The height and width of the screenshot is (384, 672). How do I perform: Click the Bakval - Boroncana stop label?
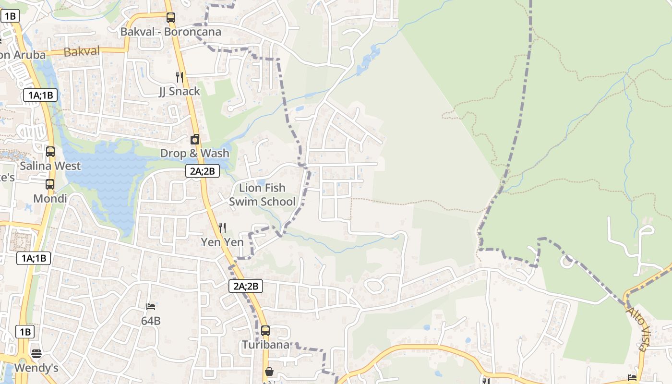pyautogui.click(x=171, y=32)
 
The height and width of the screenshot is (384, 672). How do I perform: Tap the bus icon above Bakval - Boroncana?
pyautogui.click(x=171, y=18)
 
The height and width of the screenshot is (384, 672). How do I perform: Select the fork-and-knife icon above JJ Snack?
pyautogui.click(x=180, y=77)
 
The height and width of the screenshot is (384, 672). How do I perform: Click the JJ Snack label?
pyautogui.click(x=180, y=91)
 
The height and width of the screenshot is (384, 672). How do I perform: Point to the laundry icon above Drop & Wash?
pyautogui.click(x=195, y=140)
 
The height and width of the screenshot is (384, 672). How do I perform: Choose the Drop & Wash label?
pyautogui.click(x=195, y=154)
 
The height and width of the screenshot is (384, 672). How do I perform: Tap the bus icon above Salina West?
pyautogui.click(x=50, y=152)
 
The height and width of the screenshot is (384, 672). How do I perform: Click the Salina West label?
pyautogui.click(x=50, y=166)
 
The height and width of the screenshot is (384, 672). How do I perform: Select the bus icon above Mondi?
pyautogui.click(x=50, y=184)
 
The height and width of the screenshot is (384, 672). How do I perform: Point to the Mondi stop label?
pyautogui.click(x=50, y=199)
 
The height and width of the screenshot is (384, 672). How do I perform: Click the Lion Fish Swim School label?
pyautogui.click(x=262, y=194)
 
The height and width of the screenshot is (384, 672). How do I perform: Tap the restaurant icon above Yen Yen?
pyautogui.click(x=222, y=228)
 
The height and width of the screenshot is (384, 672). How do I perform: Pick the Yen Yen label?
pyautogui.click(x=222, y=242)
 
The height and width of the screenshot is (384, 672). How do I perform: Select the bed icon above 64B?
pyautogui.click(x=151, y=307)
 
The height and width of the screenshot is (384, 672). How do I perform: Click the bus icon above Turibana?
pyautogui.click(x=265, y=331)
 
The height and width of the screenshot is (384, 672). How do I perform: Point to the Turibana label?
pyautogui.click(x=265, y=345)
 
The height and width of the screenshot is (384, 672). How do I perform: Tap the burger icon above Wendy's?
pyautogui.click(x=36, y=354)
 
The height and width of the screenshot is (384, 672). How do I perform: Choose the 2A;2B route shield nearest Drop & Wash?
pyautogui.click(x=203, y=171)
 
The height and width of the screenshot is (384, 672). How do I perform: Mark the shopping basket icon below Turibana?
pyautogui.click(x=269, y=372)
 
